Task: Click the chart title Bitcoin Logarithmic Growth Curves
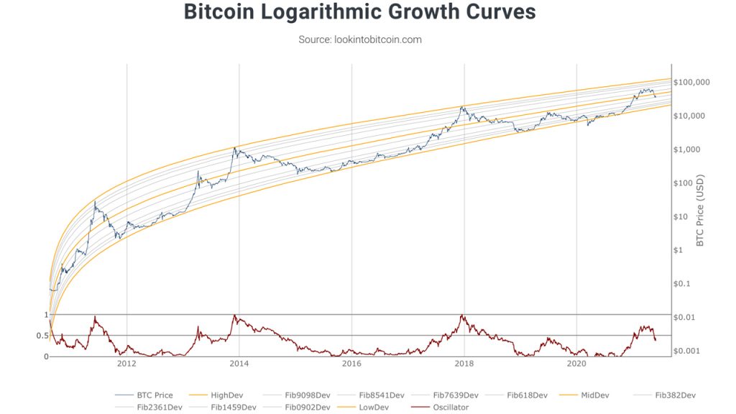[359, 13]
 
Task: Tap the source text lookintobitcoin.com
[359, 40]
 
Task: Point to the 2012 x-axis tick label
[126, 364]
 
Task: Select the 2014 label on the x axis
[239, 364]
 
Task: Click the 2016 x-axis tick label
[351, 364]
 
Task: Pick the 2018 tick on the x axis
[464, 364]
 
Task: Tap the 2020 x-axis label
[576, 364]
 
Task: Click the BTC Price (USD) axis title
[701, 210]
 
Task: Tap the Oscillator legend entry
[450, 408]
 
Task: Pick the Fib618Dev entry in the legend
[527, 395]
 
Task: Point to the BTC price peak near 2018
[463, 107]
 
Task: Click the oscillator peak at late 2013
[234, 316]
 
